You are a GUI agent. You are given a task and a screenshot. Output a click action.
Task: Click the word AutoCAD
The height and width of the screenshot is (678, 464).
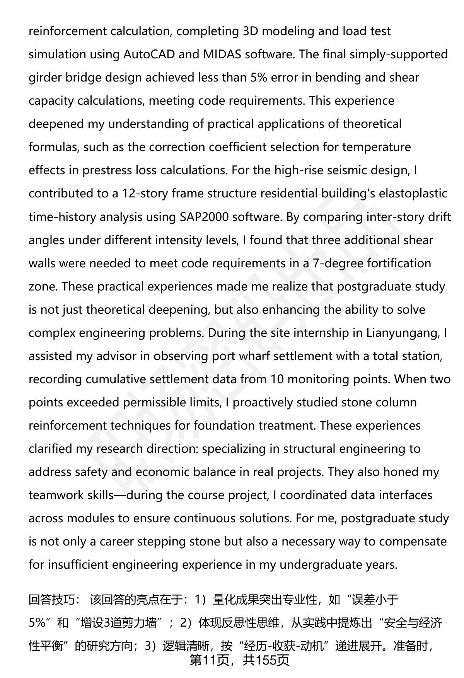pyautogui.click(x=149, y=54)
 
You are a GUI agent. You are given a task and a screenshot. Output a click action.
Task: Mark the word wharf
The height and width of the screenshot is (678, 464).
pyautogui.click(x=256, y=356)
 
